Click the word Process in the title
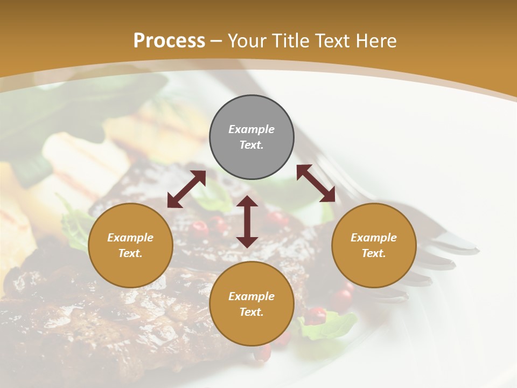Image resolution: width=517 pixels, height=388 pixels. click(169, 41)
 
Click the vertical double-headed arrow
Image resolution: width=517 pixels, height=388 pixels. click(247, 221)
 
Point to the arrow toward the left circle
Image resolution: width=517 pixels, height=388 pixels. click(186, 189)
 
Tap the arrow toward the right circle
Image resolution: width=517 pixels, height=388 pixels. click(316, 183)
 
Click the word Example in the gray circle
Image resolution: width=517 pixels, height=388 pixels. click(251, 129)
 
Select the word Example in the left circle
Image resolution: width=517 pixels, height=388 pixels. click(130, 238)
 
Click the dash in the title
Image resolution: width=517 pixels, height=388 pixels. click(216, 41)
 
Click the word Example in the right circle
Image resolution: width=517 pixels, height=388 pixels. click(374, 238)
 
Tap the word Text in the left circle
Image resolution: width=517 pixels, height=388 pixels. click(130, 253)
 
